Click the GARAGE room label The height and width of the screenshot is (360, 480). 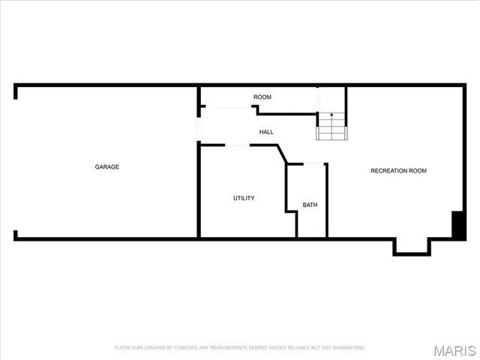click(x=106, y=166)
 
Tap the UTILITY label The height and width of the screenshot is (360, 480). click(x=244, y=198)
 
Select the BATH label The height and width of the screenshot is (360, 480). click(x=310, y=205)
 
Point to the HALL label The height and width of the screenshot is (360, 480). click(x=266, y=132)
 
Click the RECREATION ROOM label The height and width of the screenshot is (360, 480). click(x=398, y=171)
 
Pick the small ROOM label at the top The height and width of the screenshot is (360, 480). click(x=262, y=97)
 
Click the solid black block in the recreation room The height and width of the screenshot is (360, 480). click(x=457, y=225)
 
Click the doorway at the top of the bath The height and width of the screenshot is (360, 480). click(x=313, y=163)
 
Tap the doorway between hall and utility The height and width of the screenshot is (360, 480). click(x=237, y=145)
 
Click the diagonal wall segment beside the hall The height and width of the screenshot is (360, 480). click(x=281, y=154)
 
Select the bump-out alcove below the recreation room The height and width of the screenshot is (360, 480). click(x=412, y=247)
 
